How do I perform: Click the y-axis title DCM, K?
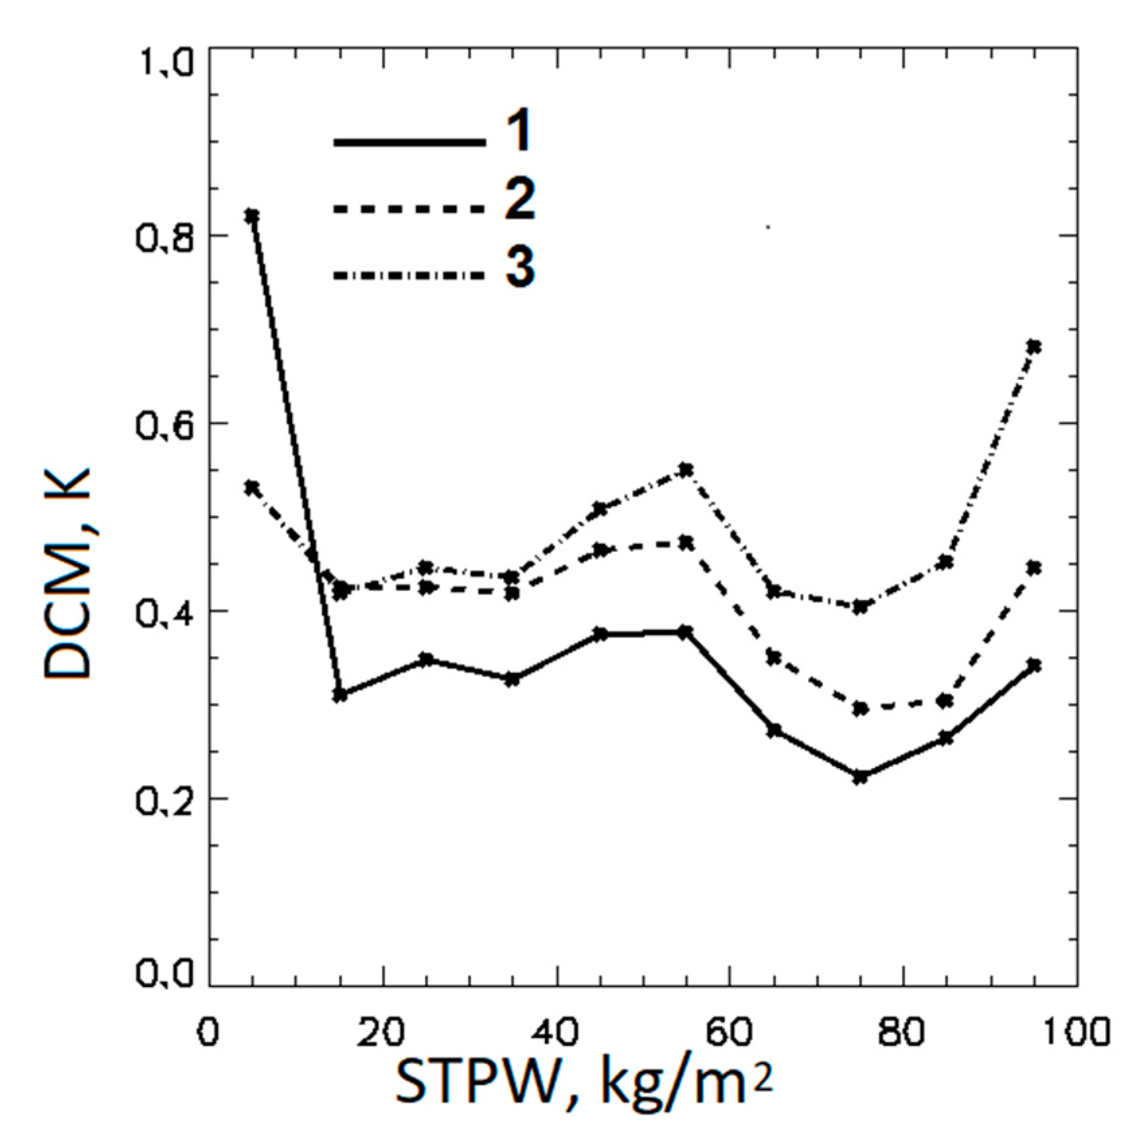(x=66, y=573)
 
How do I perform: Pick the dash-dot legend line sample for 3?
(x=409, y=276)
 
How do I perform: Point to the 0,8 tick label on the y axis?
(x=166, y=236)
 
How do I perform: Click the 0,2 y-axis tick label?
(x=166, y=800)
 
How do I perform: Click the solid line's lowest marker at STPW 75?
(x=860, y=777)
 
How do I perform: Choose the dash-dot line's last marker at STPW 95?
(x=1034, y=346)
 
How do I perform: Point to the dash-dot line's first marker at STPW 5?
(x=252, y=487)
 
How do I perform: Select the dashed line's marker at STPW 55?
(x=686, y=543)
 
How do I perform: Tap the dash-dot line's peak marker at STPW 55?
(x=686, y=470)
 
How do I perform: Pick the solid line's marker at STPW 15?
(x=339, y=695)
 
